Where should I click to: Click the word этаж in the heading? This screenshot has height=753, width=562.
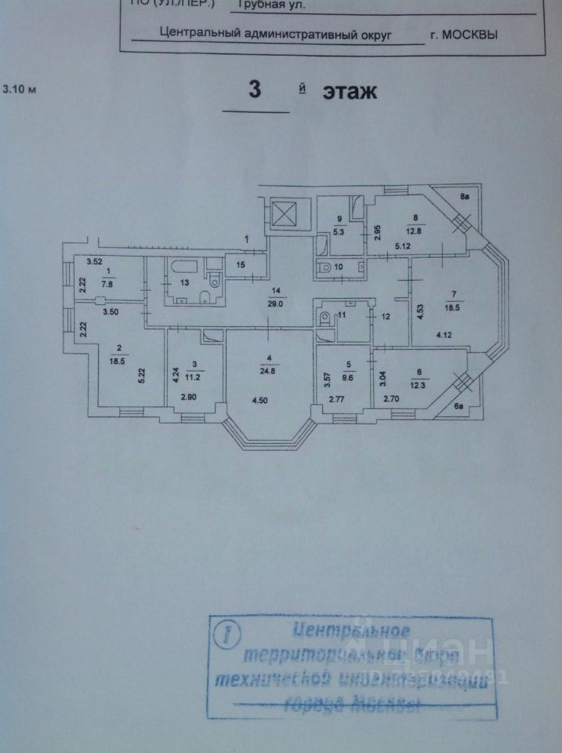[x=349, y=92]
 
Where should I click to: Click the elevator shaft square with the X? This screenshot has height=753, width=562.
[x=282, y=213]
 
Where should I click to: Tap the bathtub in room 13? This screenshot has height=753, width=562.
[x=183, y=264]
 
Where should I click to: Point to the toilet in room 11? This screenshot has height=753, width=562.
[x=323, y=318]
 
